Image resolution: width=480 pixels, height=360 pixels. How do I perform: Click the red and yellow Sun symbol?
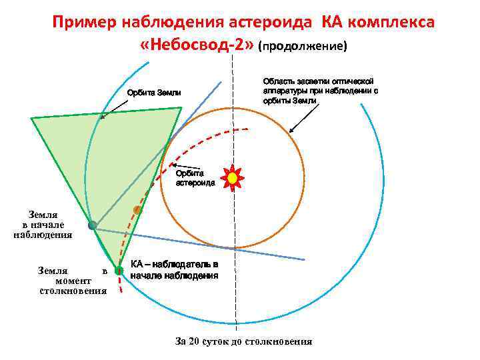click(x=232, y=178)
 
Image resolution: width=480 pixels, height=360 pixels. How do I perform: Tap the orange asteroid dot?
click(x=137, y=211)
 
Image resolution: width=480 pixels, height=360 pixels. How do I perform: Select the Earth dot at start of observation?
click(x=93, y=225)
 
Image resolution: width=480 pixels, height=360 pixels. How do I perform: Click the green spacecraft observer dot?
click(x=119, y=271)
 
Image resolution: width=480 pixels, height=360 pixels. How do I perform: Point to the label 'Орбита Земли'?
click(x=154, y=92)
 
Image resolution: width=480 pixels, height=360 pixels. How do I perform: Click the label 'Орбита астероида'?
click(x=195, y=177)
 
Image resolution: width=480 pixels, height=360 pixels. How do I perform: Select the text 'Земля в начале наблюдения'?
click(x=43, y=225)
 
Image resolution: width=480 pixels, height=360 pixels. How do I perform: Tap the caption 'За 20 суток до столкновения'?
click(x=243, y=341)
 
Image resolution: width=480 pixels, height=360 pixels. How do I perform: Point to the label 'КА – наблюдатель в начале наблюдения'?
click(x=174, y=269)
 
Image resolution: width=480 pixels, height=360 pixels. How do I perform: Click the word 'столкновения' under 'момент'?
click(x=73, y=291)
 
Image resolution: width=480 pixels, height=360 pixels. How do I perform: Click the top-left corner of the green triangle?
click(x=31, y=118)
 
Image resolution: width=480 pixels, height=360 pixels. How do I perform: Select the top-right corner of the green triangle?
click(x=181, y=107)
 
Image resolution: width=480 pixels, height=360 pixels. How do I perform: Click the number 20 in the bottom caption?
click(x=194, y=341)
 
